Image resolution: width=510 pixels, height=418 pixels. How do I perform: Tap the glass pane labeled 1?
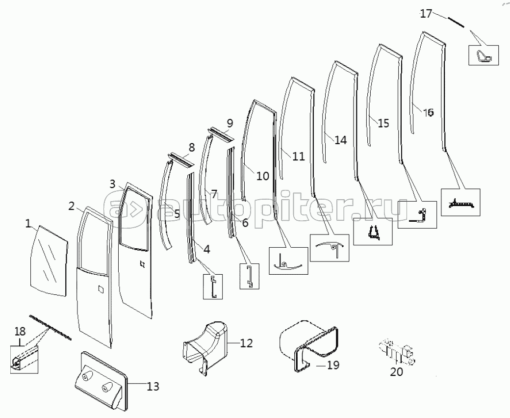point(49,260)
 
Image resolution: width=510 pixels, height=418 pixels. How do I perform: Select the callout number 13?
point(153,387)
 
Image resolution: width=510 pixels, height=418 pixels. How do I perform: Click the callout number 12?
point(246,343)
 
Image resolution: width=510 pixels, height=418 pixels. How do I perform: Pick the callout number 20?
point(396,372)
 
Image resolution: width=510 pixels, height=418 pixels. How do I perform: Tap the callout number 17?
point(426,13)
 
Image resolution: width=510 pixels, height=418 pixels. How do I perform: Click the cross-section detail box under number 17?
point(484,55)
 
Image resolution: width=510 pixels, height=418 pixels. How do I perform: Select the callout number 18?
point(19,330)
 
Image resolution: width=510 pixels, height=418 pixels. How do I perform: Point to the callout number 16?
point(428,112)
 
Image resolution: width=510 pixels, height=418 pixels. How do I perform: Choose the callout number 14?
point(340,140)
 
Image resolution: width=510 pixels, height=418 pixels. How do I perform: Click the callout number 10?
point(263,175)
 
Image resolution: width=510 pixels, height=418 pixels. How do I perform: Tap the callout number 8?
point(191,147)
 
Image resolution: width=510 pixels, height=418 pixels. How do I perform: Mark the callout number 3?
point(113,184)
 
